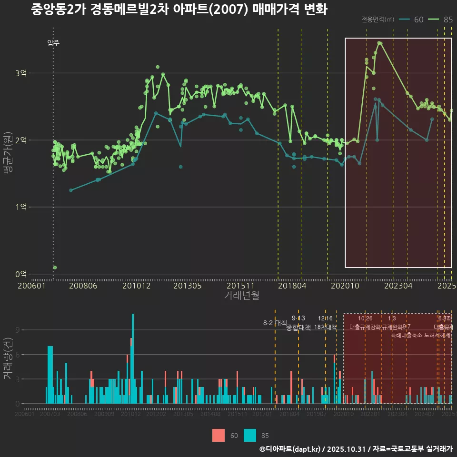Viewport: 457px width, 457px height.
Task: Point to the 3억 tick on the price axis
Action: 21,73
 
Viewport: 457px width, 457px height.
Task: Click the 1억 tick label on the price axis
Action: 21,207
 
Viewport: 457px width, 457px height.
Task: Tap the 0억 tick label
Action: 21,274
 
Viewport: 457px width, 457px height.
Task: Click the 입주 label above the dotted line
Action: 53,43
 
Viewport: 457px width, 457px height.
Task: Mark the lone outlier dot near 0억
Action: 55,268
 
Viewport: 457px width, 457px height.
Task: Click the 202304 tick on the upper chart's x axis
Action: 398,286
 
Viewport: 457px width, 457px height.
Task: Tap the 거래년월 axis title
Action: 241,296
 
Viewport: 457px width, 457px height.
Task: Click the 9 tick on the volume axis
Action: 17,330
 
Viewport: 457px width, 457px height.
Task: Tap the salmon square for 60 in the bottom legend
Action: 219,435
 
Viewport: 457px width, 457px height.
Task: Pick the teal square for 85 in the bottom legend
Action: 250,435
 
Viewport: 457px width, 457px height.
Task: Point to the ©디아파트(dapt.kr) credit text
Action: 291,449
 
